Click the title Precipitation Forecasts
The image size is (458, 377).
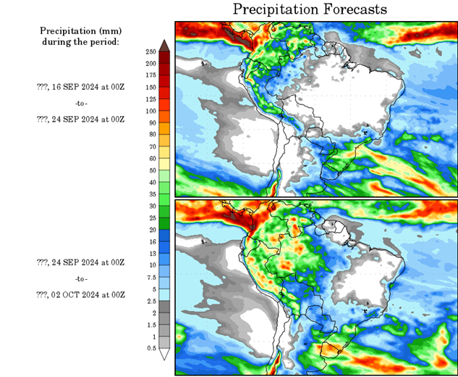[310, 9]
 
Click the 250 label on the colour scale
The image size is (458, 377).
[150, 52]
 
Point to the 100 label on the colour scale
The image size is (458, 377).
[150, 111]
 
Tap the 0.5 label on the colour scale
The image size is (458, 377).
[150, 348]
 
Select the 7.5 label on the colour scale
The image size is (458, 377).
[150, 277]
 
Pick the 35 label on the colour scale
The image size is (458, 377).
[150, 194]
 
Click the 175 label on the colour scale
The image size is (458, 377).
[150, 75]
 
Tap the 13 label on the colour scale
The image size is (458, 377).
[150, 254]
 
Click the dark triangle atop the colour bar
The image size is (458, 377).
[164, 46]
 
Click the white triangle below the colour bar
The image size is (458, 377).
[164, 355]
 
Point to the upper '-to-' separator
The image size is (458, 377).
[81, 102]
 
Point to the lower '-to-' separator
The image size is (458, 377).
[81, 278]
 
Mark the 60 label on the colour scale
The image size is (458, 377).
[150, 158]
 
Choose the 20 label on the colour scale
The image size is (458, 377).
[150, 230]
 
